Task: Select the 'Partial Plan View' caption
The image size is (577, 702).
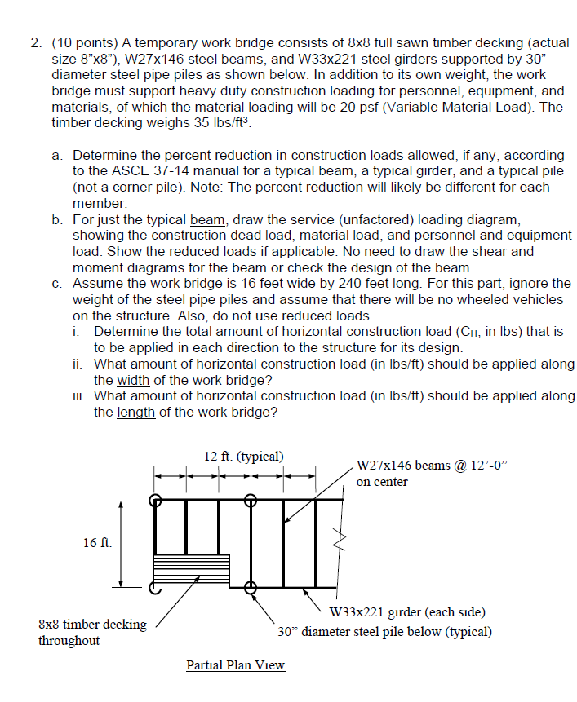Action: (236, 665)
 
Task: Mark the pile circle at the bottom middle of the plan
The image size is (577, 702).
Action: (251, 586)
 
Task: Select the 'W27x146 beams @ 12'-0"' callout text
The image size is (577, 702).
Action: (432, 466)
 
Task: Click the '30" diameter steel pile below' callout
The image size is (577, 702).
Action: (384, 631)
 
